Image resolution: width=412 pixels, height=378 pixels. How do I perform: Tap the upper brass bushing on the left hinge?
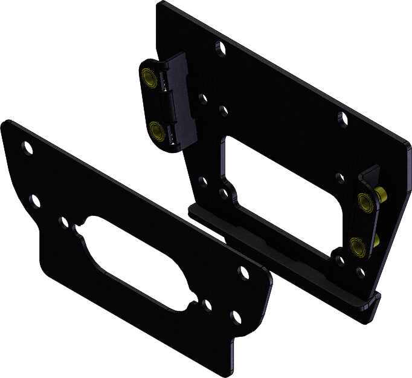coord(147,77)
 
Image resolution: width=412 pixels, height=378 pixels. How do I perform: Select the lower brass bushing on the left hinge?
coord(155,129)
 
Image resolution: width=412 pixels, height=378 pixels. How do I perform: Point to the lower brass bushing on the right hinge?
coord(357,245)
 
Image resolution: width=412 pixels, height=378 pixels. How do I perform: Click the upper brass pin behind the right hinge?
coord(381,195)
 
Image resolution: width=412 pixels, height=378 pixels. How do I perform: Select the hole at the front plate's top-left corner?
coord(27,147)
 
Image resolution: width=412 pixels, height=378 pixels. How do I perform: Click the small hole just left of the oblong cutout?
coord(64,222)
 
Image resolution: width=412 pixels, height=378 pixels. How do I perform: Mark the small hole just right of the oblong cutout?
coord(207,305)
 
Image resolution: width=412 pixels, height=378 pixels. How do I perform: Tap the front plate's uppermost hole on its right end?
coord(244,272)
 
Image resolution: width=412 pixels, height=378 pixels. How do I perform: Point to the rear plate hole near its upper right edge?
coord(343,119)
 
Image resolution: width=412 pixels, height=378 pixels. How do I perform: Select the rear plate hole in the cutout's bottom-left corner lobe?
coord(224,194)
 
